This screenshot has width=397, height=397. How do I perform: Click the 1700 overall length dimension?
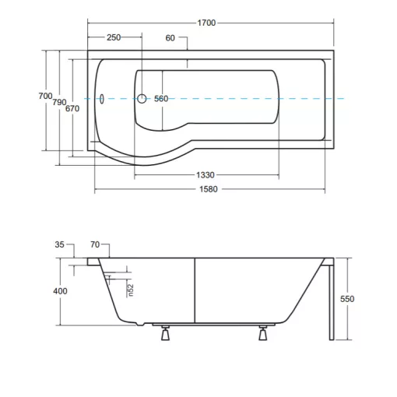point(206,23)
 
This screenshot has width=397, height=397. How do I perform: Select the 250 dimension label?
point(114,37)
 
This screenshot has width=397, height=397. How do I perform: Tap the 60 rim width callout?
point(170,38)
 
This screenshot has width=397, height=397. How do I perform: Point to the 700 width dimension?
point(45,96)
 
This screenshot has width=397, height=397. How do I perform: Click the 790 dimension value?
point(59,102)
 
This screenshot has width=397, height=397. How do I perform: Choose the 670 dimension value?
point(72,108)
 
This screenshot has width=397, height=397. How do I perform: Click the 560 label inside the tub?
point(161,99)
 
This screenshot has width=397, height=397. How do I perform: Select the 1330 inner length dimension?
point(206,175)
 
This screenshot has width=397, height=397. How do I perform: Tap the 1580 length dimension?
point(209,189)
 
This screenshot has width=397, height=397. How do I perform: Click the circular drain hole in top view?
point(142,99)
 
